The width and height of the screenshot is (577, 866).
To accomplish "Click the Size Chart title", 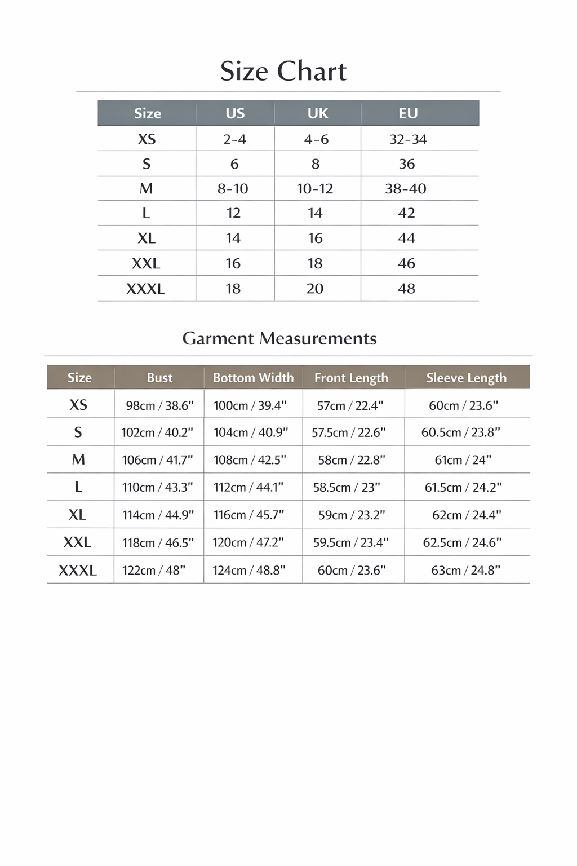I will pyautogui.click(x=283, y=72).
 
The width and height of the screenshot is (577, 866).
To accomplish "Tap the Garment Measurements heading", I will pyautogui.click(x=279, y=338).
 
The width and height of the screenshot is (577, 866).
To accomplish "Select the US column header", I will pyautogui.click(x=235, y=113).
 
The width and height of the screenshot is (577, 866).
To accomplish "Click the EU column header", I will pyautogui.click(x=408, y=113).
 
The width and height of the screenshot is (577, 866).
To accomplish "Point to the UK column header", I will pyautogui.click(x=318, y=113).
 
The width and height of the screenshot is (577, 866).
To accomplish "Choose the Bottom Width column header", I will pyautogui.click(x=253, y=378).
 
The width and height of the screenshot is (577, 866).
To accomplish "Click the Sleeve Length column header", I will pyautogui.click(x=466, y=378).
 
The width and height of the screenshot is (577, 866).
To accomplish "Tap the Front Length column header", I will pyautogui.click(x=351, y=378).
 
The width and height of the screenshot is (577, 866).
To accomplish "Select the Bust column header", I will pyautogui.click(x=159, y=378).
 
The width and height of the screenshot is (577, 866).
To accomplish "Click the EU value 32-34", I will pyautogui.click(x=408, y=139).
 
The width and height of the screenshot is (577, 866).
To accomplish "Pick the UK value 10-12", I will pyautogui.click(x=315, y=188).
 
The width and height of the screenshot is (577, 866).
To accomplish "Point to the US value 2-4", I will pyautogui.click(x=234, y=139).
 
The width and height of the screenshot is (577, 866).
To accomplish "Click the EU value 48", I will pyautogui.click(x=406, y=289).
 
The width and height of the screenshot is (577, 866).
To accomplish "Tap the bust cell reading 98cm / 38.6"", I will pyautogui.click(x=159, y=405).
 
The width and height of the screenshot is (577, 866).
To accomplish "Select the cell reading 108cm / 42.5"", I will pyautogui.click(x=250, y=460).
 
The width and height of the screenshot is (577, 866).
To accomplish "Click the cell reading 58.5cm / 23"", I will pyautogui.click(x=347, y=487).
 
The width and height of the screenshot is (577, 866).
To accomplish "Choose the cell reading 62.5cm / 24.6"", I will pyautogui.click(x=462, y=542).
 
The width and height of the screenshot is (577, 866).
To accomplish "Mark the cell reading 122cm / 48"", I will pyautogui.click(x=154, y=571).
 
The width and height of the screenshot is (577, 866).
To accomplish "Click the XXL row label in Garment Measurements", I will pyautogui.click(x=77, y=542).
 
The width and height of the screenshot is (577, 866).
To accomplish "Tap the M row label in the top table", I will pyautogui.click(x=146, y=188).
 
